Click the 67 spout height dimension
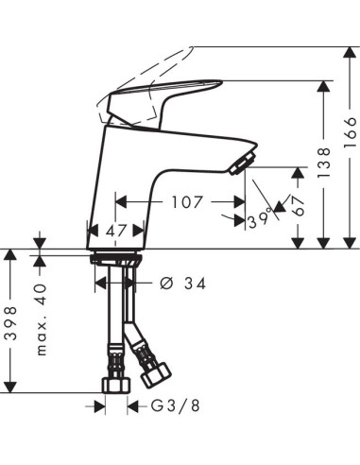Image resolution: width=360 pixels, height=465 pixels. (x=299, y=205)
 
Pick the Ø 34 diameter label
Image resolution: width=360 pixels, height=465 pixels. (x=183, y=283)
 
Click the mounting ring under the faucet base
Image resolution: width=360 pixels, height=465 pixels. (x=114, y=256)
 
